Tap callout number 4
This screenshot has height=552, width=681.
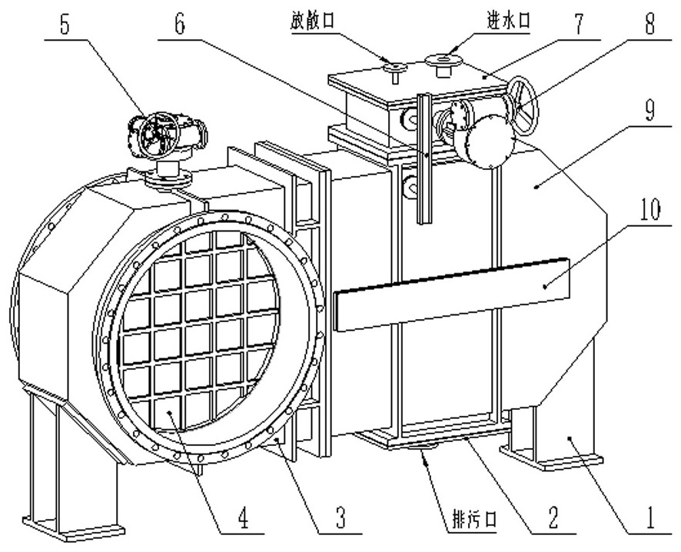[243, 520]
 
